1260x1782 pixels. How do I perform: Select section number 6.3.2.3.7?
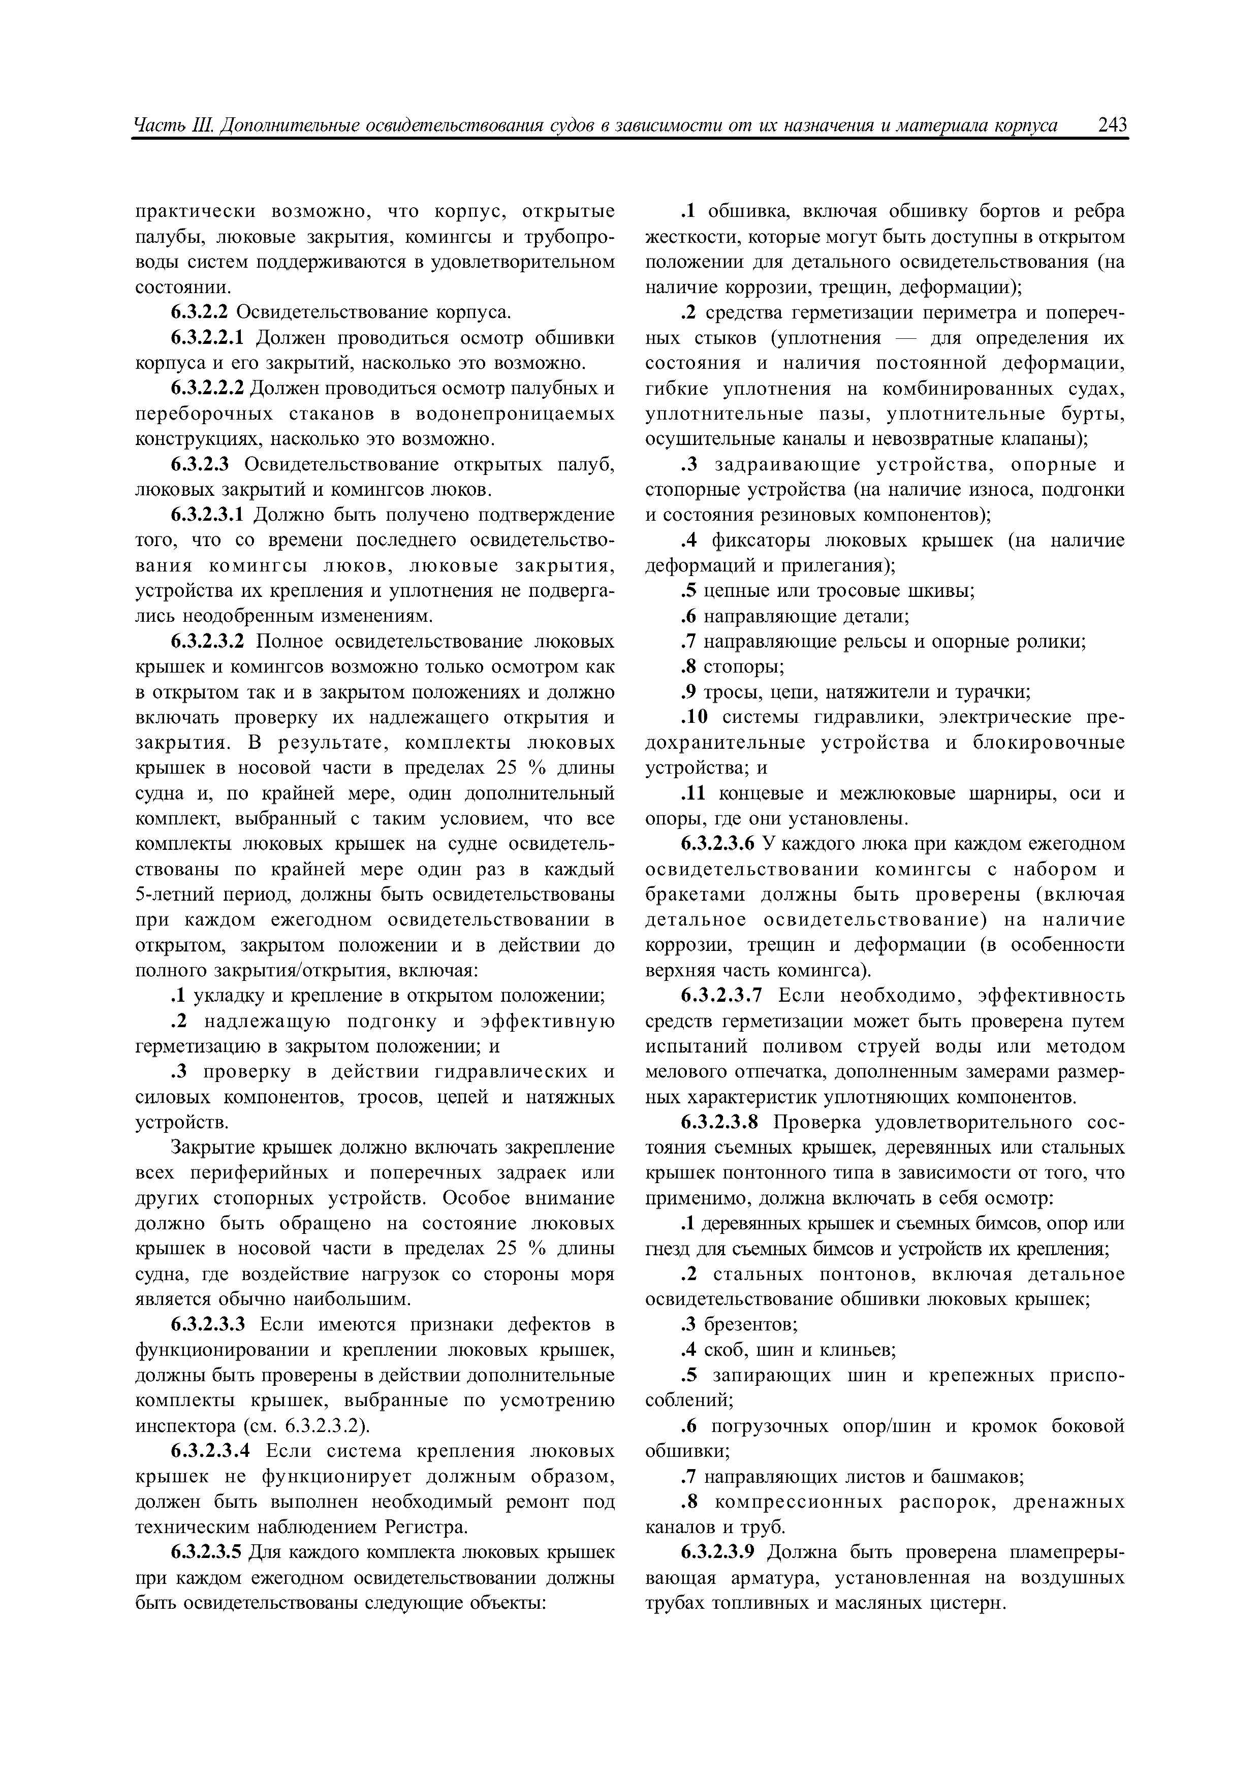click(x=718, y=995)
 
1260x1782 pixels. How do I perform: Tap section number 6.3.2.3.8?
click(x=718, y=1122)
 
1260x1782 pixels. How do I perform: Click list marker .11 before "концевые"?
click(x=694, y=793)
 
